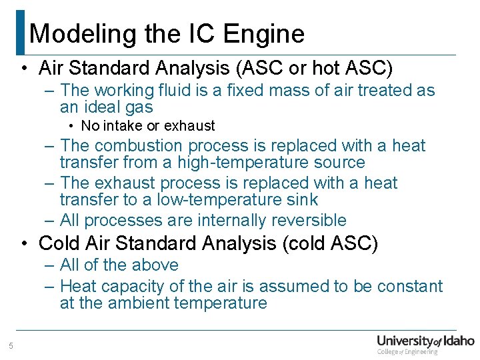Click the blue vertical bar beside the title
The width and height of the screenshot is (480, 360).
20,32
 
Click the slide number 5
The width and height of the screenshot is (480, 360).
11,345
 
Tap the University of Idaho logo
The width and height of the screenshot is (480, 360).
425,343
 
